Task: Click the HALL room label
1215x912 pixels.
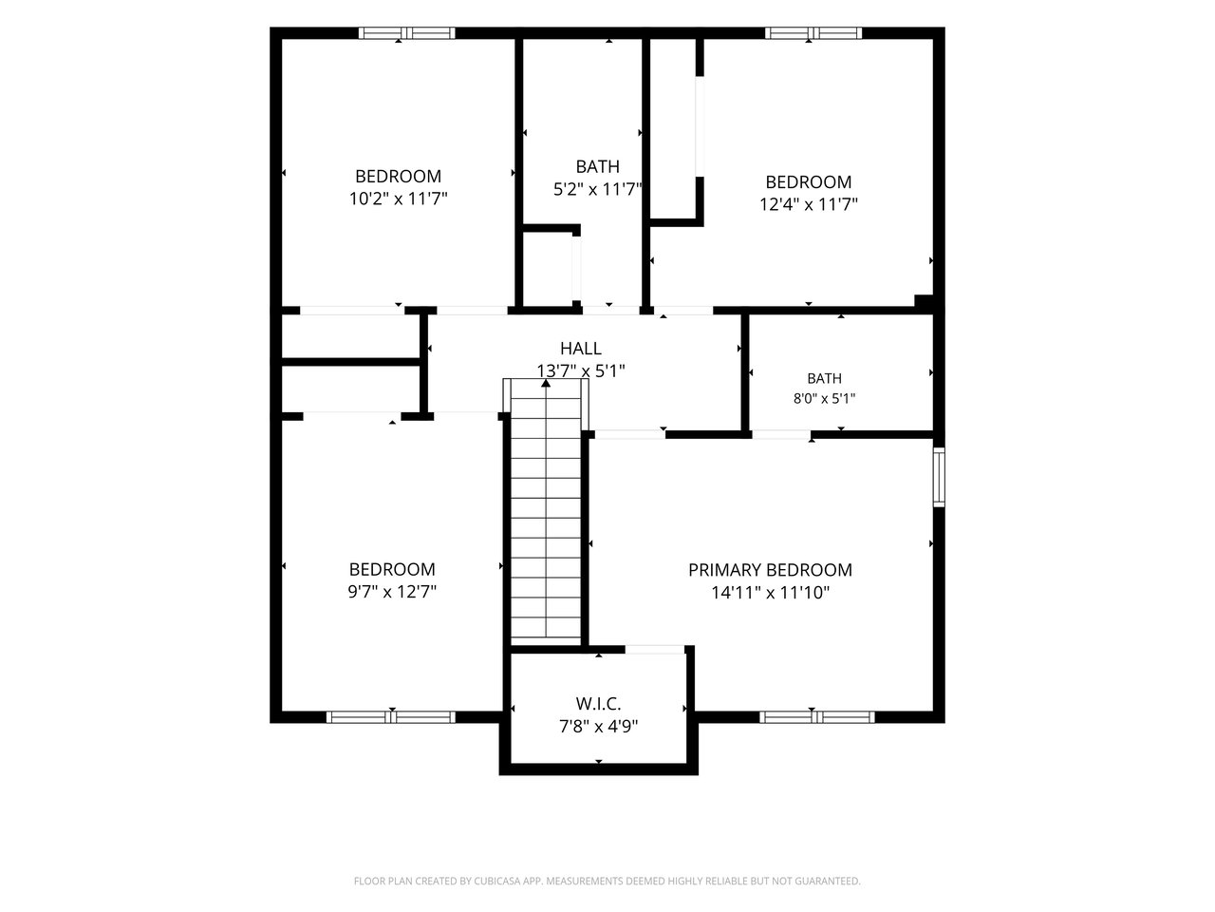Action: tap(581, 349)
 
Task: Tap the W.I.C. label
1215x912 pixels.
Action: tap(598, 704)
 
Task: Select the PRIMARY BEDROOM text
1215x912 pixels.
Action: tap(770, 570)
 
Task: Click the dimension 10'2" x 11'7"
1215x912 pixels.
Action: tap(398, 199)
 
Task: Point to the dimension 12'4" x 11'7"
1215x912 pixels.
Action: tap(808, 204)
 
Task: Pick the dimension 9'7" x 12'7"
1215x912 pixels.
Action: tap(392, 592)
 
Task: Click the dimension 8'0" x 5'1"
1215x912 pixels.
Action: tap(824, 398)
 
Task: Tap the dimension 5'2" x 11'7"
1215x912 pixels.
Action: tap(597, 189)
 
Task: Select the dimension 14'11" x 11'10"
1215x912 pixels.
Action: tap(770, 593)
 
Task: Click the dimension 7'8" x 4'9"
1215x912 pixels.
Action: tap(598, 726)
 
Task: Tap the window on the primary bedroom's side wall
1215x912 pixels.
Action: tap(939, 476)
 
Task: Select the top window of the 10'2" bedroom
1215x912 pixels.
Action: tap(407, 32)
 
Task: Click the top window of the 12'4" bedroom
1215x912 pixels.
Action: tap(813, 32)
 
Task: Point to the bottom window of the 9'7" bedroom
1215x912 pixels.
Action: tap(391, 717)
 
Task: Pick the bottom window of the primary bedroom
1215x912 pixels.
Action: tap(817, 717)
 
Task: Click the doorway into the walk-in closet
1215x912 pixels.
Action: tap(655, 650)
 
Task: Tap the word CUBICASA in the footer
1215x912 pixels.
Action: tap(497, 881)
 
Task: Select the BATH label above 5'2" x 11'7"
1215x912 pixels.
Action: tap(597, 166)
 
